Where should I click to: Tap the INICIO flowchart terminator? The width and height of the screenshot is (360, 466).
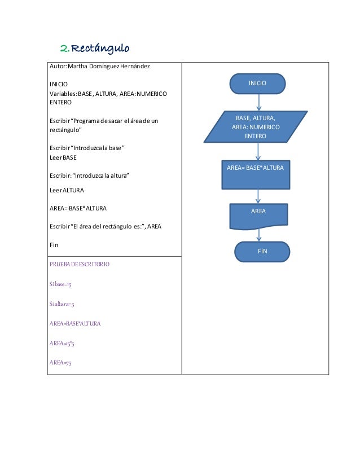tap(257, 83)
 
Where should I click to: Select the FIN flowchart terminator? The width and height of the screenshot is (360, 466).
tap(262, 252)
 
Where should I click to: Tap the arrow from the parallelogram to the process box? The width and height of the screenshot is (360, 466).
tap(258, 151)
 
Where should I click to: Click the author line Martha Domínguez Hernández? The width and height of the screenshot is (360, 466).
tap(99, 68)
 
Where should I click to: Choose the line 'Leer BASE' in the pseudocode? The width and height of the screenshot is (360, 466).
tap(63, 157)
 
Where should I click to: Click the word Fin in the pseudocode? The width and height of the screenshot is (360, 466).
tap(54, 245)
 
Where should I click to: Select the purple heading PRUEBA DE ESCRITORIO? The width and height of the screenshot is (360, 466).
tap(80, 264)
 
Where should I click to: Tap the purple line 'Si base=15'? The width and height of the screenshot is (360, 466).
tap(60, 284)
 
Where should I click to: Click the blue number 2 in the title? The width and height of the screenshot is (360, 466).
tap(64, 47)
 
